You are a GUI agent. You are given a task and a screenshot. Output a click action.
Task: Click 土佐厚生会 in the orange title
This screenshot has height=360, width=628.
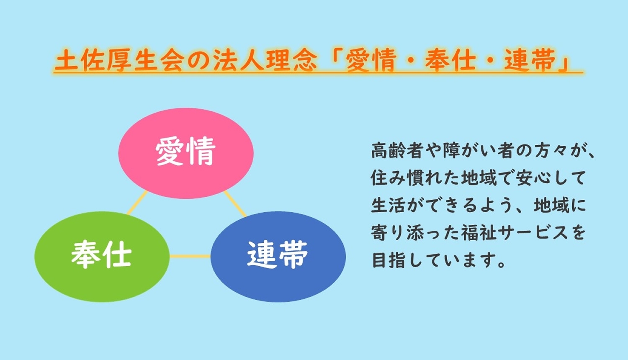click(x=119, y=60)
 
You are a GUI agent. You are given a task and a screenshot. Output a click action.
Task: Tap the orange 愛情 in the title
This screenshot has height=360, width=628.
click(x=372, y=60)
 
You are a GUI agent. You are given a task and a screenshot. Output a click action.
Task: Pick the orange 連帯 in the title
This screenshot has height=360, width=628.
click(x=530, y=60)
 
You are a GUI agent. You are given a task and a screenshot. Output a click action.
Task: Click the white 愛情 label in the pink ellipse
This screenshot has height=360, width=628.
click(x=185, y=151)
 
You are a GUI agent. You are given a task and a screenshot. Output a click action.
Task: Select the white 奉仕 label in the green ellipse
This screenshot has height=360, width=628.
click(x=101, y=255)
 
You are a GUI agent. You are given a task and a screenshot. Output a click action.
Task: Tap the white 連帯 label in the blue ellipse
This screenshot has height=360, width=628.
click(x=278, y=255)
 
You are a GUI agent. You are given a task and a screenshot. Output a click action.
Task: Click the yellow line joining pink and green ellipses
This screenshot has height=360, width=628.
click(x=137, y=203)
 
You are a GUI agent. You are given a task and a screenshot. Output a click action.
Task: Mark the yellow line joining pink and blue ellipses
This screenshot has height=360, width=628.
click(x=235, y=204)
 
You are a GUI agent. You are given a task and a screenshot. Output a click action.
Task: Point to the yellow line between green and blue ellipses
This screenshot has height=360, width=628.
click(x=190, y=256)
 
